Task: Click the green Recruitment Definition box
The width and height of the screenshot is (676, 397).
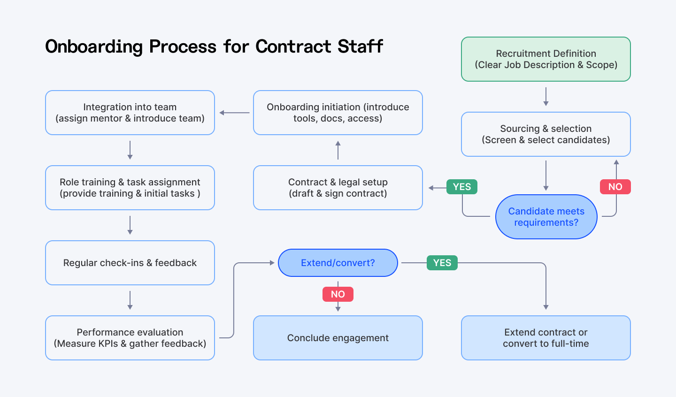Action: pyautogui.click(x=545, y=59)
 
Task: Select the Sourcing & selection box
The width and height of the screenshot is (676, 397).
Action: pyautogui.click(x=545, y=134)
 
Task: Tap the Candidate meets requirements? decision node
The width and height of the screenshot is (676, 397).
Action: pyautogui.click(x=546, y=217)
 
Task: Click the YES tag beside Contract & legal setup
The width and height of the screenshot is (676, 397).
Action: pyautogui.click(x=462, y=187)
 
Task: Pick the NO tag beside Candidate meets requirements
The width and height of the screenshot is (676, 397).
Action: pyautogui.click(x=615, y=187)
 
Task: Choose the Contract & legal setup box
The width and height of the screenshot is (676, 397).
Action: pyautogui.click(x=338, y=188)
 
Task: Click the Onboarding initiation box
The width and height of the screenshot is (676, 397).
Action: pyautogui.click(x=338, y=113)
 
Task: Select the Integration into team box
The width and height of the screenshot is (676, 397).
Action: pyautogui.click(x=130, y=113)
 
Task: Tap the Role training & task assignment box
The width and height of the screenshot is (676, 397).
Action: pyautogui.click(x=130, y=188)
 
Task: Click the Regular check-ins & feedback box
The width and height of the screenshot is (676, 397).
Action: pyautogui.click(x=130, y=263)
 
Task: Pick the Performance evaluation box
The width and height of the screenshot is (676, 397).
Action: pyautogui.click(x=130, y=338)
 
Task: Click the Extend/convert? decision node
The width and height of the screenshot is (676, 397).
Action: pyautogui.click(x=338, y=263)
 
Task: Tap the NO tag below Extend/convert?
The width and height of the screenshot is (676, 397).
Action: pyautogui.click(x=338, y=294)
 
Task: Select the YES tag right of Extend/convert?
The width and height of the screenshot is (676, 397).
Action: pyautogui.click(x=442, y=263)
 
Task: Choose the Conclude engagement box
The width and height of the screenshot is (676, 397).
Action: pyautogui.click(x=338, y=338)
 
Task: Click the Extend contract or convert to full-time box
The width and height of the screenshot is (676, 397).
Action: pyautogui.click(x=545, y=338)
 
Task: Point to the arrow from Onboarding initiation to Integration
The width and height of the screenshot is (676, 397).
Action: pyautogui.click(x=234, y=113)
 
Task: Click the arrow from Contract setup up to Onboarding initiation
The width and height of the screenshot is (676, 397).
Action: pyautogui.click(x=338, y=150)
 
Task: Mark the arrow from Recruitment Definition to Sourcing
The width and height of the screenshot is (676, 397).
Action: pyautogui.click(x=545, y=97)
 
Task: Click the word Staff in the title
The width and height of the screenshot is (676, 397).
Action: pyautogui.click(x=360, y=46)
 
